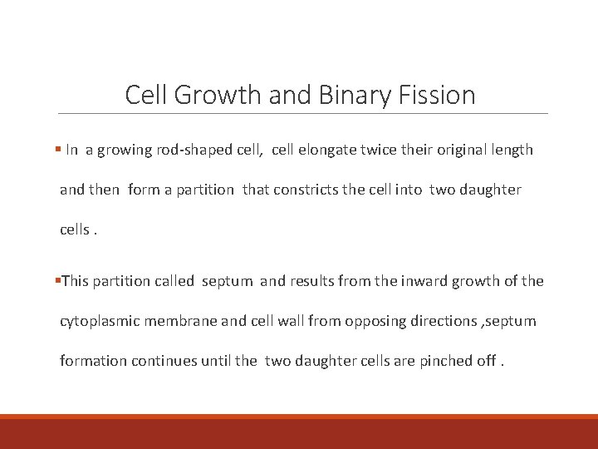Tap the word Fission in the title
(439, 95)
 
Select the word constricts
(311, 190)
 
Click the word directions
(444, 321)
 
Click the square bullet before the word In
(57, 150)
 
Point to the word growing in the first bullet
(125, 150)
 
